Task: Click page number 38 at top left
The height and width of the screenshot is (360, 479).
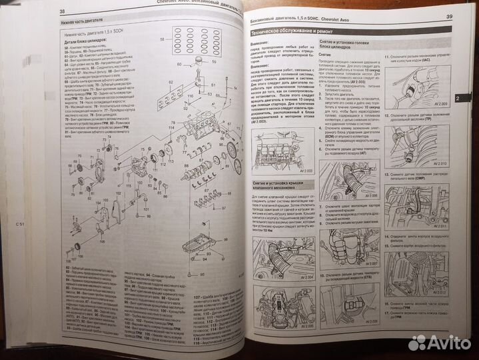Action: [62, 11]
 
